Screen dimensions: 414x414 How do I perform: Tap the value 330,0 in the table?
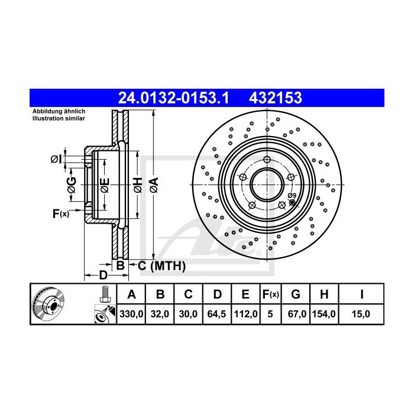[132, 315]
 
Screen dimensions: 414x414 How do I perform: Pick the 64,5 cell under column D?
[217, 315]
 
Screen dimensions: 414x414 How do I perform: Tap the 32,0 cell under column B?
[160, 315]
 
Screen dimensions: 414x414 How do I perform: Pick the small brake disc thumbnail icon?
[50, 304]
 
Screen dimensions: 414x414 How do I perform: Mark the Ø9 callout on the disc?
[291, 196]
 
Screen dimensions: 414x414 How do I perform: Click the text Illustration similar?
[58, 119]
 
